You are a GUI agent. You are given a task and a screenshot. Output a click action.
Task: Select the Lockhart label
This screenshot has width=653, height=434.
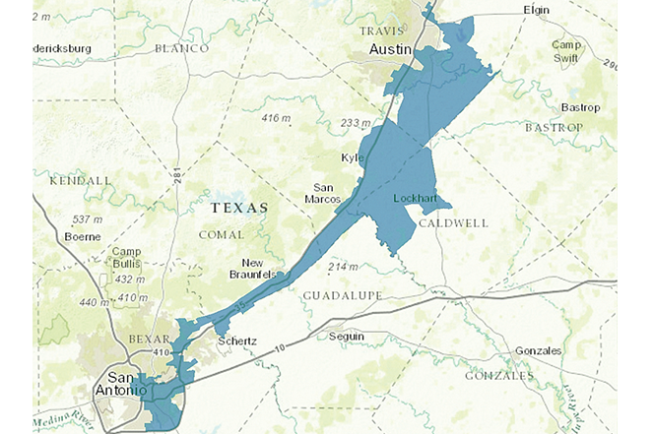[x=414, y=199]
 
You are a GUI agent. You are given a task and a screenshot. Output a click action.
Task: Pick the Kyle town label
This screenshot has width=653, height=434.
[x=352, y=158]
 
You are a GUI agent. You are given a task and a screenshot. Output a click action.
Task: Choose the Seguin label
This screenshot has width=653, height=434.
[x=347, y=337]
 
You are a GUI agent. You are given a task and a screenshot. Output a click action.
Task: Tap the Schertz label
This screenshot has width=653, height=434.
[x=236, y=341]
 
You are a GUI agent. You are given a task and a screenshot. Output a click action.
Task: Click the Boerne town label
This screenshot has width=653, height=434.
[x=83, y=237]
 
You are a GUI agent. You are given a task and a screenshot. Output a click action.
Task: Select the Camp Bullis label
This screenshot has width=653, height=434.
[x=125, y=258]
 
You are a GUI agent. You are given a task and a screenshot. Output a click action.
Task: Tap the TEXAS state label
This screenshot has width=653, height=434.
[x=240, y=209]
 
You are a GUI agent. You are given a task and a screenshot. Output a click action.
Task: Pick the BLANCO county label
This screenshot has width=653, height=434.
[x=182, y=48]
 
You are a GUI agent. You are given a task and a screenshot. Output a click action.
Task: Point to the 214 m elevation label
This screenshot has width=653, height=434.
[x=343, y=267]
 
